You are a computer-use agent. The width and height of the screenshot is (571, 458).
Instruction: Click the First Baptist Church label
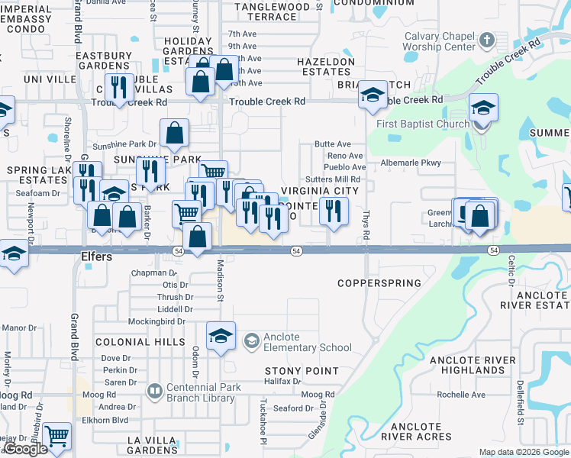point(423,124)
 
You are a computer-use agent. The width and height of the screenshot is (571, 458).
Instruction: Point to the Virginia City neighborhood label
point(320,191)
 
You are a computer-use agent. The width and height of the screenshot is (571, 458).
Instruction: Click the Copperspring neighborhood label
point(379,283)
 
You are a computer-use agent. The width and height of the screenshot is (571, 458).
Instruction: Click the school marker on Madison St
point(221,335)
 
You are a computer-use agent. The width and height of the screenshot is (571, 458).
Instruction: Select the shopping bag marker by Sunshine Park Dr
point(175,133)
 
